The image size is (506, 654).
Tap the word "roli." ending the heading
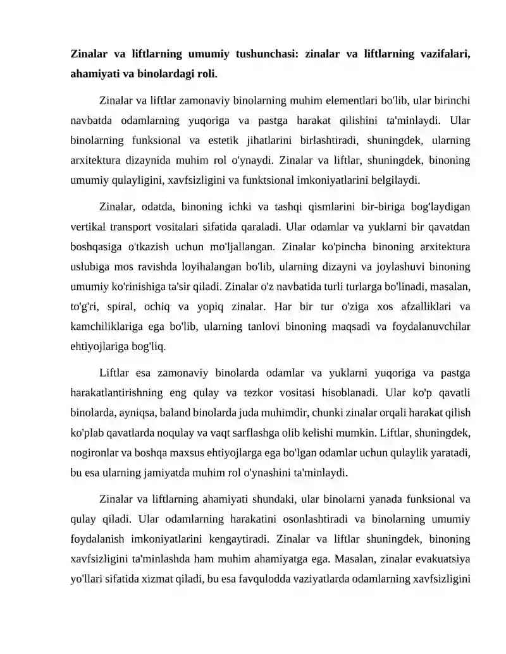tap(204, 74)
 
